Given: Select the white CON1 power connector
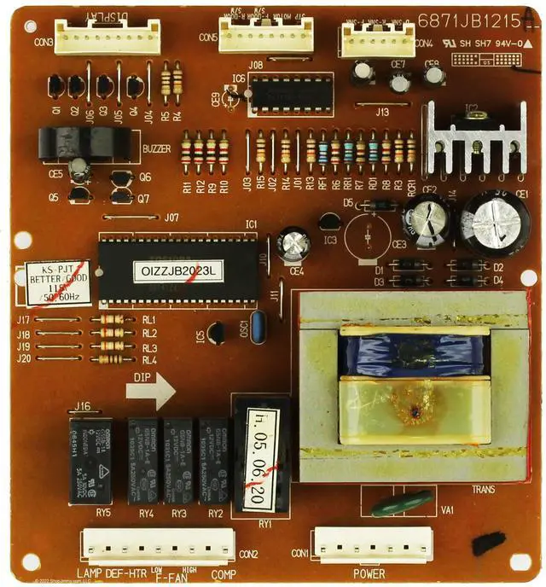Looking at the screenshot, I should pyautogui.click(x=372, y=543).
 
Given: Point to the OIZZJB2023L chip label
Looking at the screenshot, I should pyautogui.click(x=178, y=271).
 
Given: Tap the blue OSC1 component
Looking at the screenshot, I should pyautogui.click(x=255, y=328).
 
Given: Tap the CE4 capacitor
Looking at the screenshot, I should pyautogui.click(x=293, y=244).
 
